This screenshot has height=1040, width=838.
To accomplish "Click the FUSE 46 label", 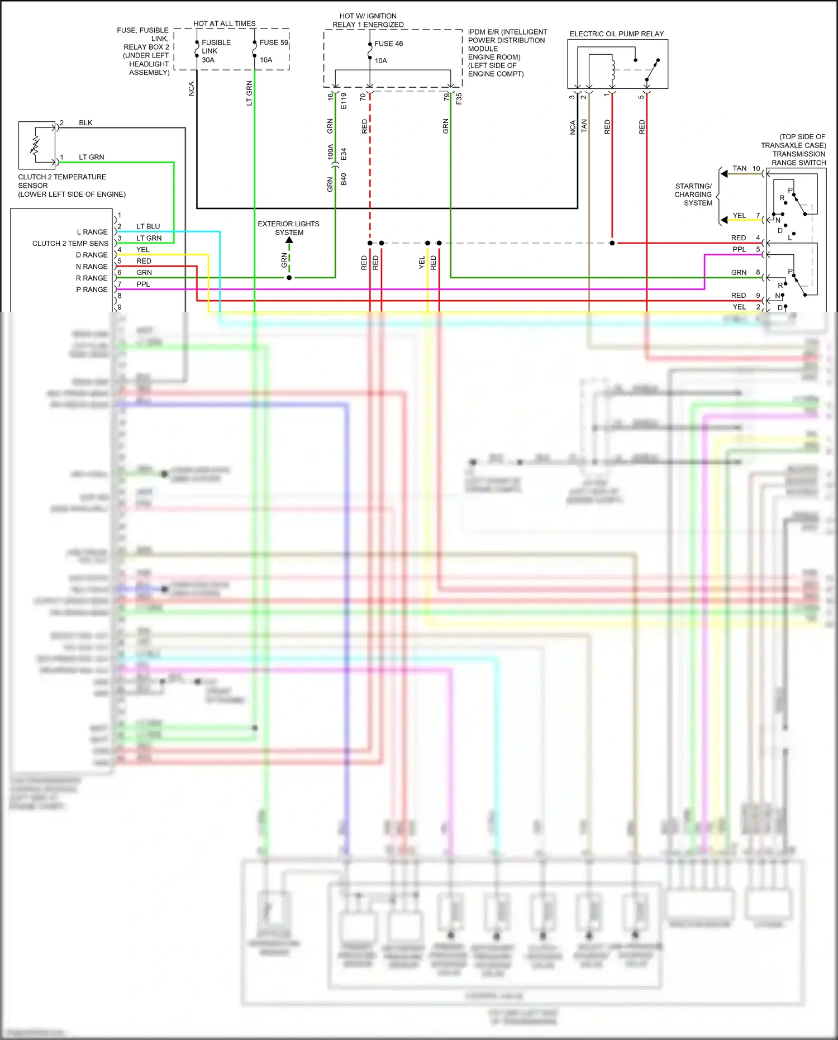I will (x=388, y=44).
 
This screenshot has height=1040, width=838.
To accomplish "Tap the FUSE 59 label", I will (x=274, y=42).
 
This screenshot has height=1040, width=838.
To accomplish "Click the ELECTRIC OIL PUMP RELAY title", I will (x=617, y=34).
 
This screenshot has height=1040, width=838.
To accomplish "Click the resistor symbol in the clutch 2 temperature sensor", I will (x=35, y=145).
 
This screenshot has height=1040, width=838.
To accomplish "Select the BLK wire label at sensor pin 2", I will (x=85, y=123).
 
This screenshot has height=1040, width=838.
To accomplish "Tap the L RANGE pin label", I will (x=92, y=232).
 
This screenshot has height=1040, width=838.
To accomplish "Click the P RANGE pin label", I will (x=92, y=289).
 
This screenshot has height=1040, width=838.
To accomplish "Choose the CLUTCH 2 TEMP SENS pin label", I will (x=70, y=244).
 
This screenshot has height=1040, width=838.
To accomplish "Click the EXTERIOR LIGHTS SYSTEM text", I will (x=289, y=228).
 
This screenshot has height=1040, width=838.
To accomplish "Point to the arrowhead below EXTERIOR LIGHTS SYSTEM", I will (x=289, y=240).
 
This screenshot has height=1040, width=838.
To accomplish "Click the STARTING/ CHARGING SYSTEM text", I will (x=693, y=194).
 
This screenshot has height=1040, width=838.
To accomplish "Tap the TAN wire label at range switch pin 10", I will (x=739, y=168).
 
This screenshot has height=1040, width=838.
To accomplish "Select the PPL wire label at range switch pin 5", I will (x=739, y=249).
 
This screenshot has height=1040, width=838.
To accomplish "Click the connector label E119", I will (x=344, y=101).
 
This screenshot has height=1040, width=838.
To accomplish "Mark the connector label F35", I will (x=459, y=98).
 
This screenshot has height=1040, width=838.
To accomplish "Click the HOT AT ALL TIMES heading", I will (x=225, y=23).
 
